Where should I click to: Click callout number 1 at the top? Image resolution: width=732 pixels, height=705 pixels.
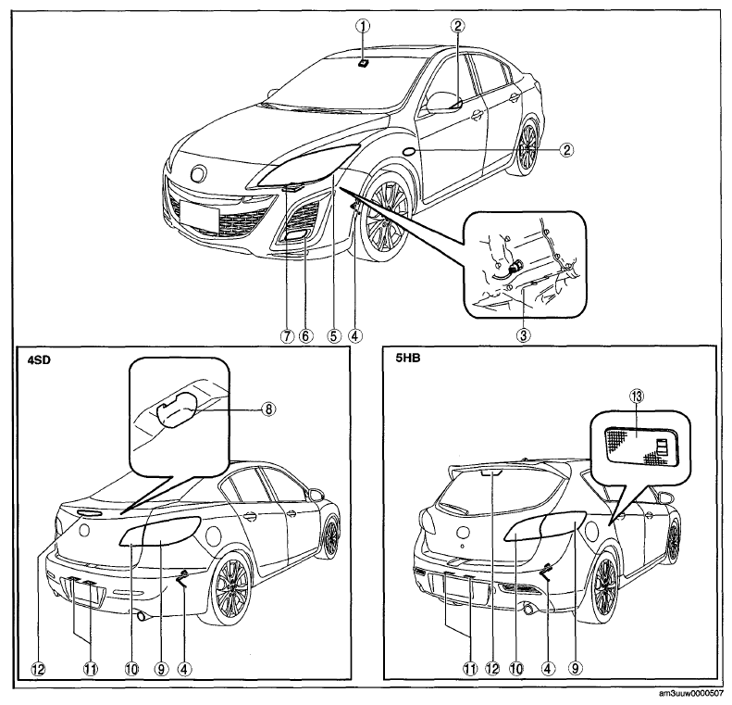point(363,27)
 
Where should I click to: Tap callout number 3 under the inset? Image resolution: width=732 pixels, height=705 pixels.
point(523,335)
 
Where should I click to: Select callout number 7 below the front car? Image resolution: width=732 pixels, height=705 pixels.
point(286,336)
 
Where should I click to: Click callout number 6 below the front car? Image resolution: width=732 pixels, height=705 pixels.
point(305,336)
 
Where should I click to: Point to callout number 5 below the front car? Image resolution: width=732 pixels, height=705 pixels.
point(334,336)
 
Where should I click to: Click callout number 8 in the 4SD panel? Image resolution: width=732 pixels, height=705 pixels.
point(269,409)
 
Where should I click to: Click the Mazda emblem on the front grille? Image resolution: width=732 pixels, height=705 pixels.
point(198,174)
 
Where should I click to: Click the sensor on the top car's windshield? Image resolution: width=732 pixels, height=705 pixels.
point(363,63)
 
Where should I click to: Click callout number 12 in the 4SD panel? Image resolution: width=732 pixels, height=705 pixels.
point(38,670)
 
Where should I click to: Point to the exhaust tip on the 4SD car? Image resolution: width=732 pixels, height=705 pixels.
point(142,617)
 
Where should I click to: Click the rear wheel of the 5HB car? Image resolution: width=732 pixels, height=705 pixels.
point(604,587)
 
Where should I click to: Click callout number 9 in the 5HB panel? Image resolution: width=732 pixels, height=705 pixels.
point(575,669)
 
